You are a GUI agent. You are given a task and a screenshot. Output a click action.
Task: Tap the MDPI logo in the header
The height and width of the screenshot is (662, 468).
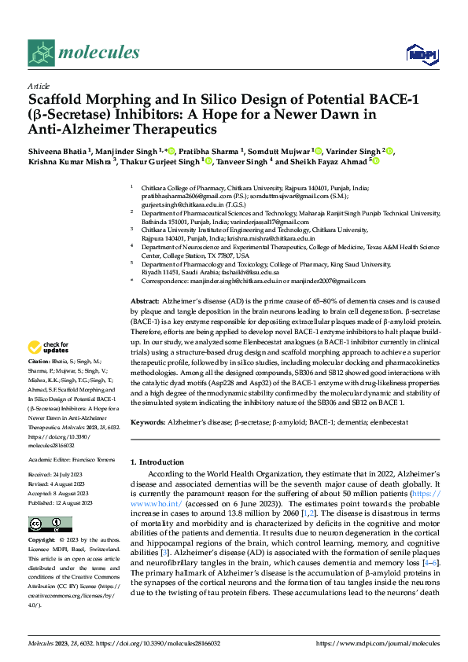[x=418, y=53]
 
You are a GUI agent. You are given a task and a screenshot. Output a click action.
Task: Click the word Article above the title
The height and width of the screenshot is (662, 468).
[x=38, y=85]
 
